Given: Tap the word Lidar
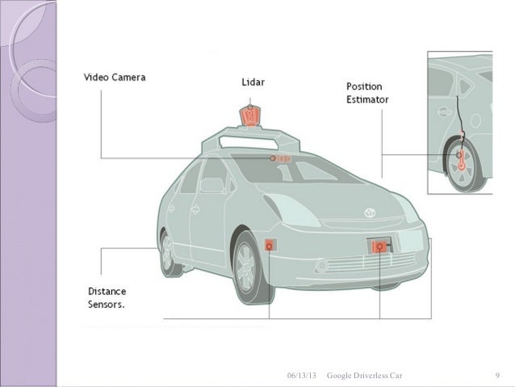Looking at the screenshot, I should click(x=257, y=82).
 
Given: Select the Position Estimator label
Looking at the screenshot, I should click(x=368, y=93).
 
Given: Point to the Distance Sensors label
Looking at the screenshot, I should click(x=112, y=297).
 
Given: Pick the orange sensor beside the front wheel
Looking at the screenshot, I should click(x=269, y=244).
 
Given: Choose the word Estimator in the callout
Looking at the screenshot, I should click(x=368, y=100).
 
